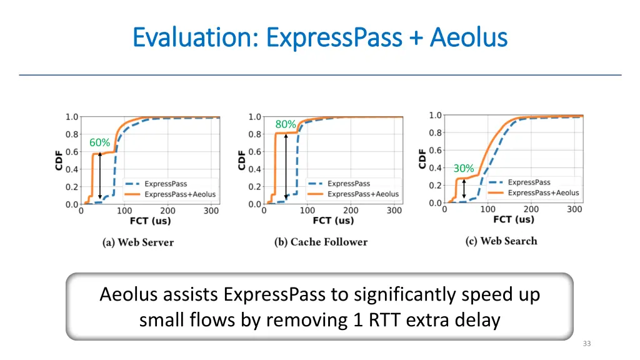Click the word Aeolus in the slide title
[x=468, y=37]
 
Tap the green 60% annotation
[x=99, y=142]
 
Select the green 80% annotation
[x=286, y=124]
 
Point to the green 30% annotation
[x=464, y=168]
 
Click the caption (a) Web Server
[x=138, y=242]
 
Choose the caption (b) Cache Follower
[x=321, y=242]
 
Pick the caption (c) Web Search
[x=501, y=241]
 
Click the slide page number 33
[x=586, y=344]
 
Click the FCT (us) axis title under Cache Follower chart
[x=332, y=221]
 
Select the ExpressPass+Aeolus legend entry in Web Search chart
[x=543, y=193]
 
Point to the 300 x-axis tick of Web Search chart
[x=574, y=209]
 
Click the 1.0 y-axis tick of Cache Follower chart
[x=255, y=117]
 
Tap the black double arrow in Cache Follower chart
[x=286, y=166]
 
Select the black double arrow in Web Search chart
[x=464, y=189]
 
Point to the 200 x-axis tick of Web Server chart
[x=167, y=211]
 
